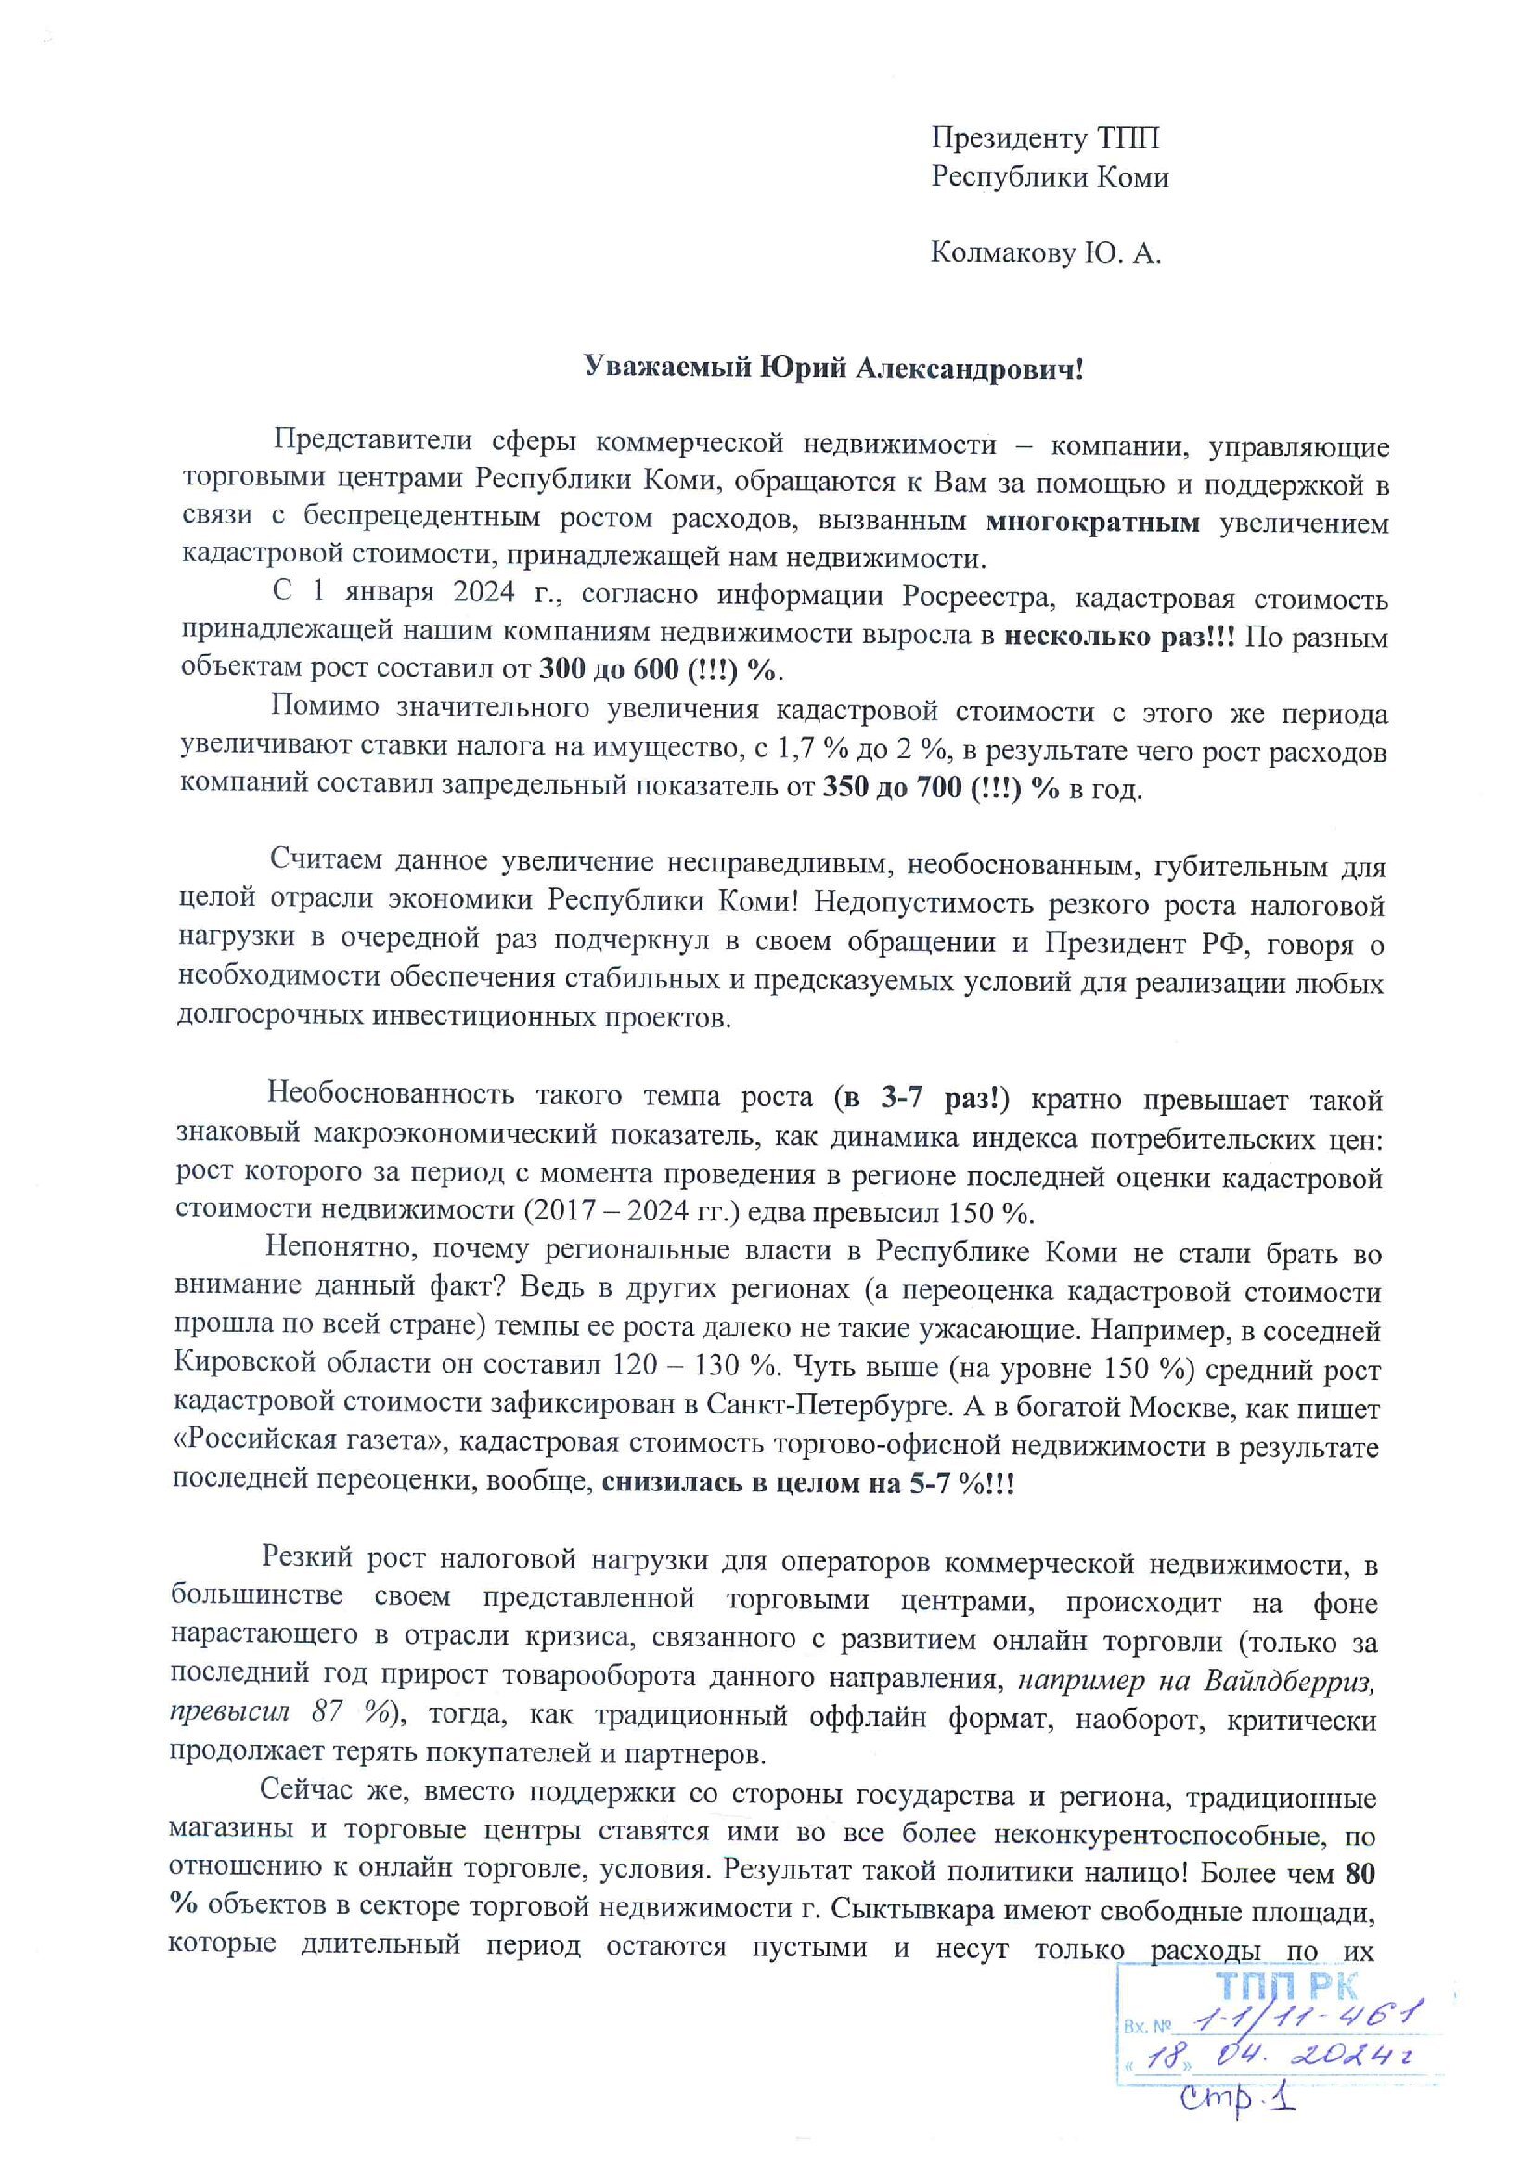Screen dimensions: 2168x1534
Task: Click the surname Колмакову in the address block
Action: point(1000,253)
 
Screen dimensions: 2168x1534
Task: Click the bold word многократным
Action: point(1093,522)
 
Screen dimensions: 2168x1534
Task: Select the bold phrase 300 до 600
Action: point(610,670)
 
